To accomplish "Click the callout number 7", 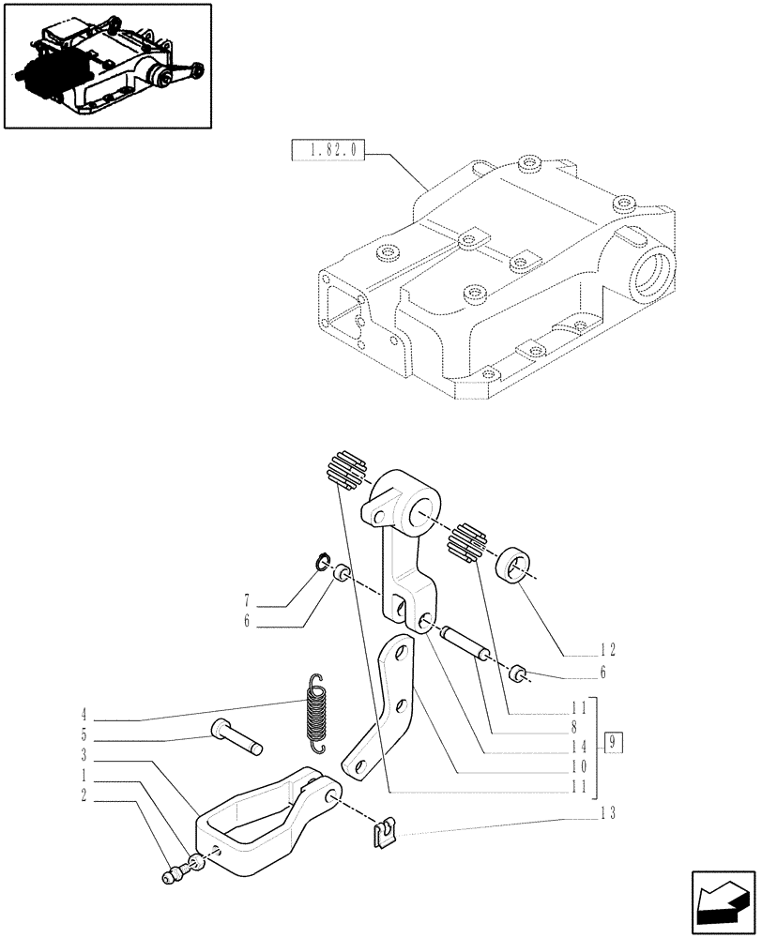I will (247, 598).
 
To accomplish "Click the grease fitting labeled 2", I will (171, 877).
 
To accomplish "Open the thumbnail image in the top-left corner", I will (107, 66).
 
